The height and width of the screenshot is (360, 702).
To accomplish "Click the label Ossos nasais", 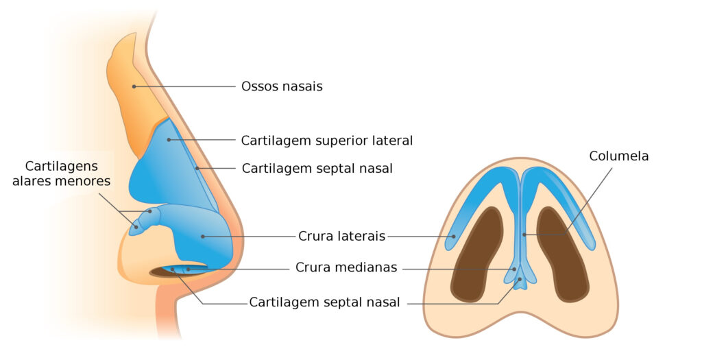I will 282,86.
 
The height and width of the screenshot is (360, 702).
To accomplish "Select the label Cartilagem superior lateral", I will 326,141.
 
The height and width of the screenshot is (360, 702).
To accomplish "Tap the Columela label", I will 618,156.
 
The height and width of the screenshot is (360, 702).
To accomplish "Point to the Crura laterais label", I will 341,237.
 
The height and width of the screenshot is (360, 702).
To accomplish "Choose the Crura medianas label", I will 346,267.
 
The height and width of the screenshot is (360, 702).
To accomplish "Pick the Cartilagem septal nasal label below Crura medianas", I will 324,302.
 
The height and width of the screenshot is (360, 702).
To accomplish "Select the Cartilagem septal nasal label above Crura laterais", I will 317,168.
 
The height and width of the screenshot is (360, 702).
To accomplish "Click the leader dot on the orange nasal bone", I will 134,86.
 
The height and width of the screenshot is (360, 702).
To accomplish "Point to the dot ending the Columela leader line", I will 524,235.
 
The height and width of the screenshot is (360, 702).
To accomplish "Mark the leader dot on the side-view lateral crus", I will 203,237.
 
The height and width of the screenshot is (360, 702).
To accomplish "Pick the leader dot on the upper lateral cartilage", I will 169,140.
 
